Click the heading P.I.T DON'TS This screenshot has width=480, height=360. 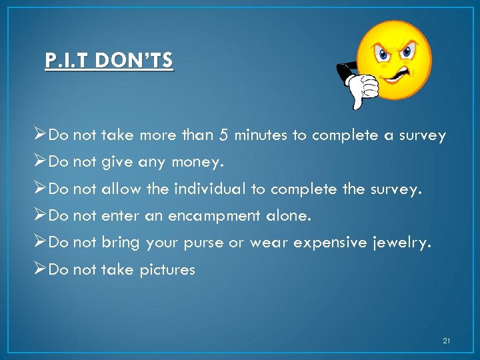coord(109,61)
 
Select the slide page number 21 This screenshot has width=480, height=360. coord(446,341)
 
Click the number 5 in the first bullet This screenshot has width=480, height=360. coord(223,135)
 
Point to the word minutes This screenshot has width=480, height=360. coord(263,135)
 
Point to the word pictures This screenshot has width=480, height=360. coord(167,270)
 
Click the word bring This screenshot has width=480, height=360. coord(121,243)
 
